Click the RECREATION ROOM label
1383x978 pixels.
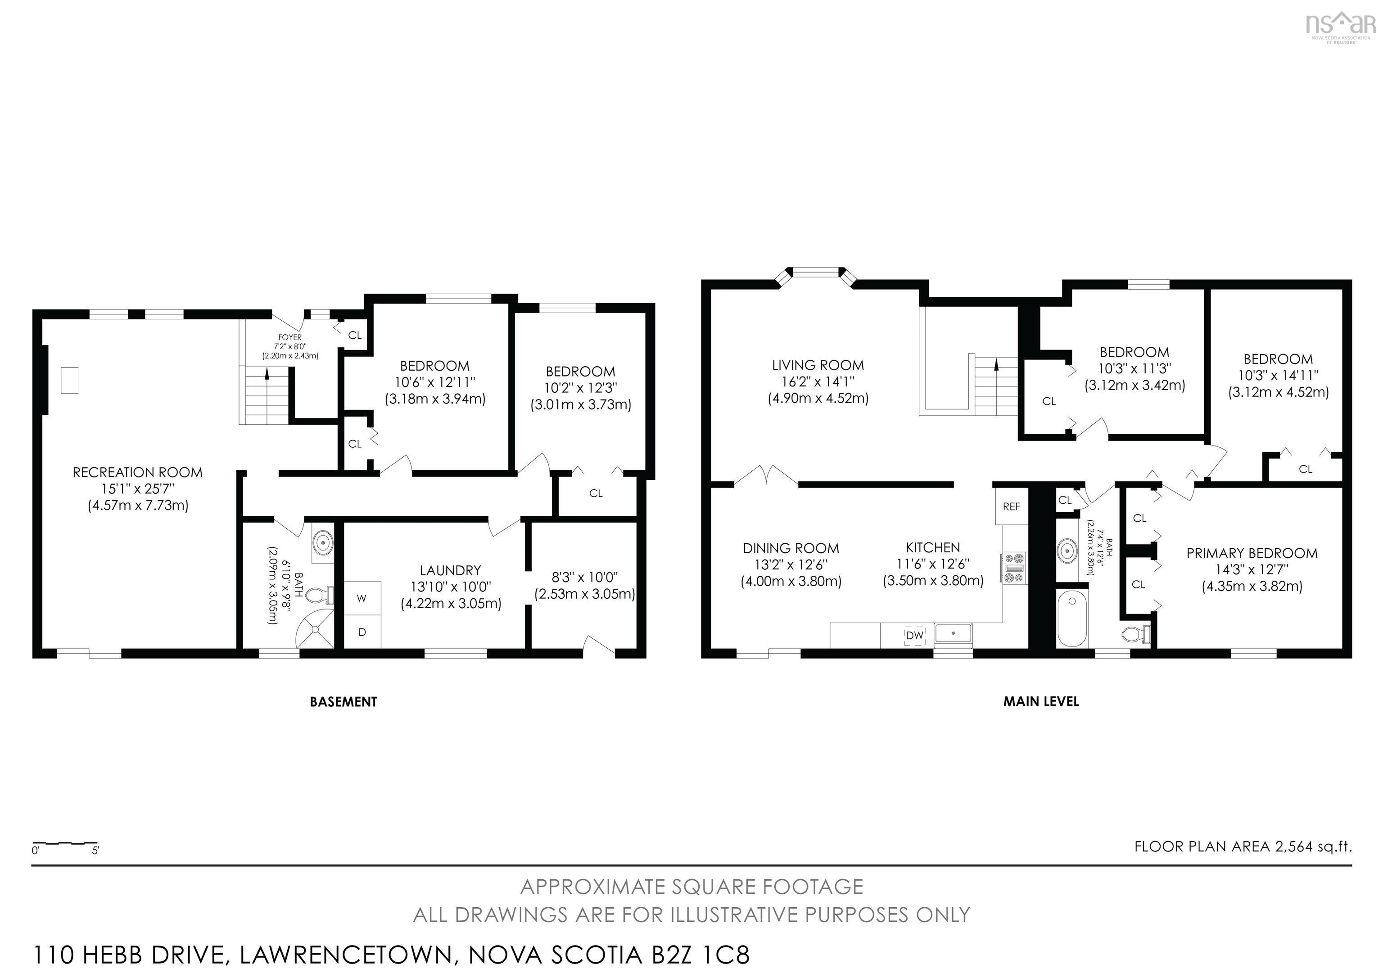click(x=137, y=473)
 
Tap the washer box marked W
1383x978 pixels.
click(x=362, y=598)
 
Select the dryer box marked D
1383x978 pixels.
click(x=362, y=632)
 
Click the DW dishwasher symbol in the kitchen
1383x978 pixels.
click(x=914, y=635)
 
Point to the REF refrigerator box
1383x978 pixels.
click(x=1011, y=507)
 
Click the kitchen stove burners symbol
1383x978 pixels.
click(x=1015, y=568)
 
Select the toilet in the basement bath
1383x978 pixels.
click(x=318, y=596)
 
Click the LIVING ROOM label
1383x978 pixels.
click(x=818, y=365)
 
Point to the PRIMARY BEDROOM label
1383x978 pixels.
click(x=1252, y=553)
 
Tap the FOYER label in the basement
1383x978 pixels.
click(x=290, y=337)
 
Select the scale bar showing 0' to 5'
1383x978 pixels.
click(x=65, y=845)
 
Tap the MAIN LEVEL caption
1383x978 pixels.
click(x=1041, y=701)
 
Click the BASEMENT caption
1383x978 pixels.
click(x=343, y=702)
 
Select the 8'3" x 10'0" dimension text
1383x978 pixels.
click(x=584, y=577)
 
